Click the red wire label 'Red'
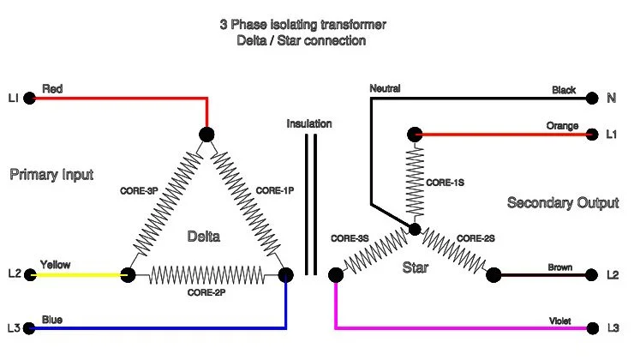click(x=52, y=88)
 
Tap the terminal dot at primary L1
click(x=30, y=99)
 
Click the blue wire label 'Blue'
click(x=51, y=320)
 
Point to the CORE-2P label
click(x=206, y=292)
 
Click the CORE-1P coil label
click(x=276, y=190)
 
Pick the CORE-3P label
click(x=138, y=190)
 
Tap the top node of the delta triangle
click(x=206, y=134)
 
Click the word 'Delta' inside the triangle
click(x=203, y=237)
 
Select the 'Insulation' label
click(x=309, y=123)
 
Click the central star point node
click(x=415, y=230)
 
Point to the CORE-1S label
click(x=445, y=183)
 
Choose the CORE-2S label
click(x=475, y=237)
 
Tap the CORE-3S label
click(x=350, y=237)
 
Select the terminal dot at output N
click(x=592, y=99)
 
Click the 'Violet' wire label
click(x=560, y=321)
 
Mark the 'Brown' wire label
click(x=560, y=267)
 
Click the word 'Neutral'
click(x=385, y=88)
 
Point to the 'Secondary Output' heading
click(x=562, y=203)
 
